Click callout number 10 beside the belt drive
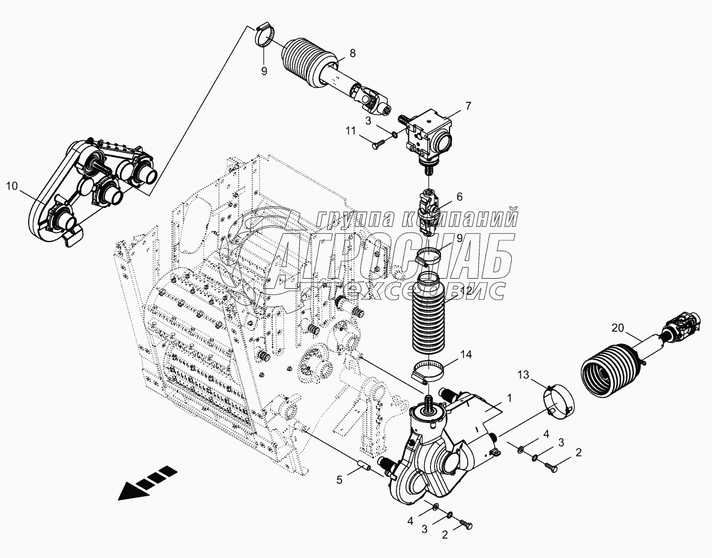[13, 186]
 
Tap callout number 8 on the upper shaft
[352, 53]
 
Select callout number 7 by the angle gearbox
[468, 106]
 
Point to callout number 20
[618, 328]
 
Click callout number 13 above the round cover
[524, 375]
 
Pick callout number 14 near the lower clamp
[466, 355]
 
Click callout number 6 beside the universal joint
[460, 196]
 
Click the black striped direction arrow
[147, 483]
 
